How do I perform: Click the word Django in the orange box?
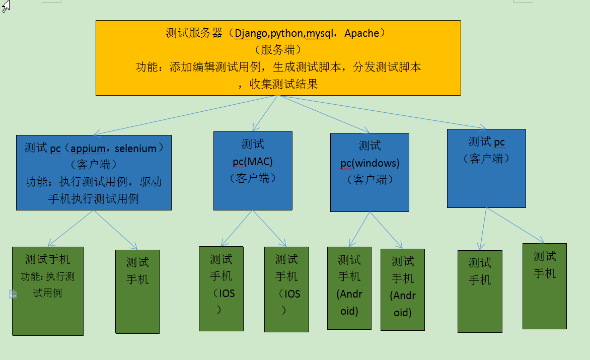[x=252, y=34]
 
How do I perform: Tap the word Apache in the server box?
[x=361, y=33]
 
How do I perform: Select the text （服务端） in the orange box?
[x=278, y=50]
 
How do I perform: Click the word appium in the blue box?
[x=88, y=149]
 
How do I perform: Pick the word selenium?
[x=135, y=149]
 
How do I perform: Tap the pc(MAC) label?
[x=252, y=162]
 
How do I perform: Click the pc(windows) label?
[x=370, y=163]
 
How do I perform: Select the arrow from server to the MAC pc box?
[x=265, y=113]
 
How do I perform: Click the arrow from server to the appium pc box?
[x=186, y=115]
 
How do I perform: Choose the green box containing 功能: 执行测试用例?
[x=48, y=291]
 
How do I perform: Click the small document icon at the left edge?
[x=13, y=294]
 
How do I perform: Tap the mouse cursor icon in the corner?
[x=6, y=6]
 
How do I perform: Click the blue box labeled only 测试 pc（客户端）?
[x=486, y=168]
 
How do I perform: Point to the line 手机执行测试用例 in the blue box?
[x=93, y=198]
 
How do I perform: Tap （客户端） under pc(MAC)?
[x=252, y=178]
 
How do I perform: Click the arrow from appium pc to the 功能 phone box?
[x=70, y=228]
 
